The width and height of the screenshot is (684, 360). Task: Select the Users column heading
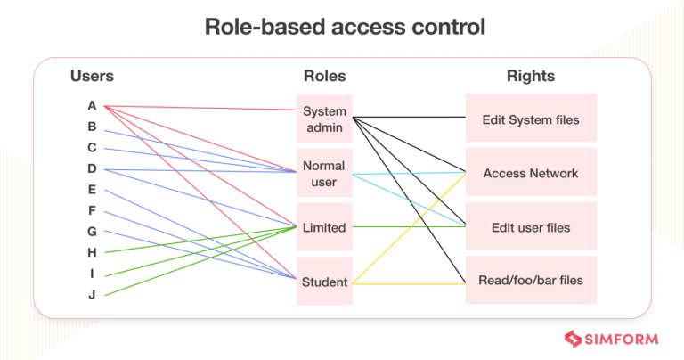(x=92, y=76)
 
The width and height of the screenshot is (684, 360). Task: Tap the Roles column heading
(x=324, y=76)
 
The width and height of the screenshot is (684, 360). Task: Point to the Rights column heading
(x=531, y=76)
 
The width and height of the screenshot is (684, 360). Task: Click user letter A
(x=92, y=106)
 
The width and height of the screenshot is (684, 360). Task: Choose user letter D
(x=92, y=168)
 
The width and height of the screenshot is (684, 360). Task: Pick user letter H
(x=92, y=252)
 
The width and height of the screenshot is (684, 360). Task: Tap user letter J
(x=92, y=294)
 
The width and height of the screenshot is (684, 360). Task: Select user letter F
(x=92, y=210)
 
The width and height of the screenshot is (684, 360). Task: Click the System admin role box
(x=324, y=119)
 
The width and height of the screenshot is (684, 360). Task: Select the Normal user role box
(x=324, y=173)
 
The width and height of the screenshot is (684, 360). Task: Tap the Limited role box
(x=324, y=227)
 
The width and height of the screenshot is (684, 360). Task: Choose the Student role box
(x=324, y=282)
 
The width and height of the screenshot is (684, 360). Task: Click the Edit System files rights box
(x=531, y=119)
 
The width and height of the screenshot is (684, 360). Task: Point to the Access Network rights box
(x=531, y=173)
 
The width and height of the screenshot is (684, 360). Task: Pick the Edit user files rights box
(x=531, y=227)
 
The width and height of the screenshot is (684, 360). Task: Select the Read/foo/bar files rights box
(x=531, y=280)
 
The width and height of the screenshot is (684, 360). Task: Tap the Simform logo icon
(x=574, y=339)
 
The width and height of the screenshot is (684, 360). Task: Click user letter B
(x=92, y=127)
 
